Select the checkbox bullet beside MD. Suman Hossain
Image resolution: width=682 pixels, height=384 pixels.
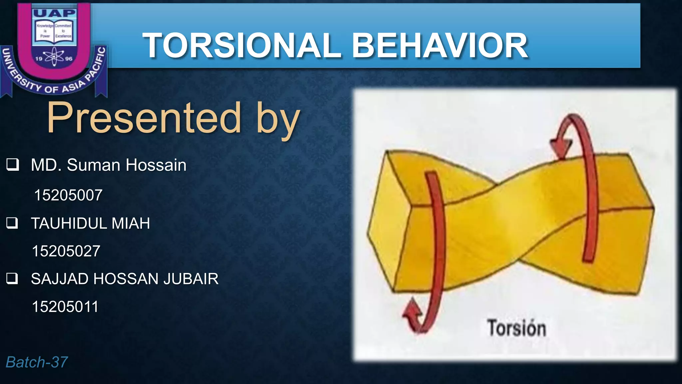tap(13, 165)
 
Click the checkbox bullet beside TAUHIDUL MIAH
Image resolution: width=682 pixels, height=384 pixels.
tap(13, 223)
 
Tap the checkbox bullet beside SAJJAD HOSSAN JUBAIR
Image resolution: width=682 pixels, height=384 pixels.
tap(13, 279)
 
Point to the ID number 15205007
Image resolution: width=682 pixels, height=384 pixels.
tap(68, 195)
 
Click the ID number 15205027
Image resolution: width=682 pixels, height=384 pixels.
tap(66, 251)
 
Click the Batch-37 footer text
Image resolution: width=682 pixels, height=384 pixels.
tap(37, 362)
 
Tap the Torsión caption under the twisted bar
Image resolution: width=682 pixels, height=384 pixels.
tap(516, 328)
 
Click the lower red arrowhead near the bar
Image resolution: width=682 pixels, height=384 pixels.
tap(412, 313)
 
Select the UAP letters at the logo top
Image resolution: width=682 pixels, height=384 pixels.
tap(55, 13)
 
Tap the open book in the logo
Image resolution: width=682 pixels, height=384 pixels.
tap(54, 31)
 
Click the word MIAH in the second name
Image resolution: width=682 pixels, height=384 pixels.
tap(131, 223)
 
